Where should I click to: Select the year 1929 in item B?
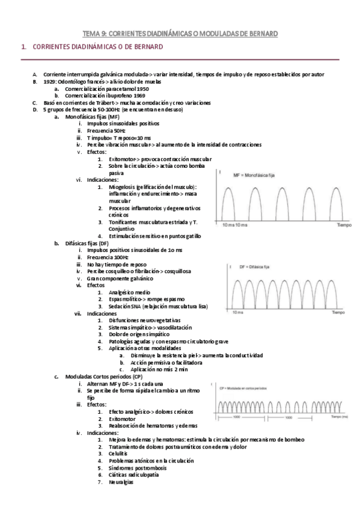(x=50, y=81)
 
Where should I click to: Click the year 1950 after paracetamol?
(x=143, y=88)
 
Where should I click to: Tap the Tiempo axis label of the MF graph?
(x=344, y=225)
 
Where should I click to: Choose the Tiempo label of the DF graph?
(x=338, y=313)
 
